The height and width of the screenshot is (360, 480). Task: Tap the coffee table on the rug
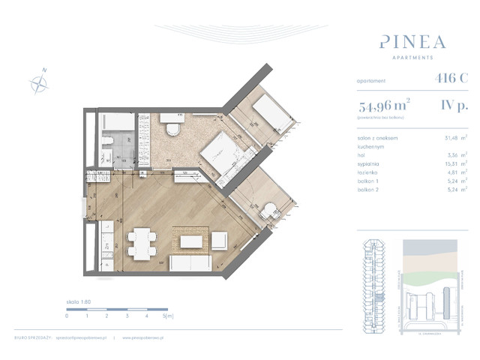point(190,241)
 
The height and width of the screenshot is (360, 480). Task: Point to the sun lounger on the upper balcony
point(269,113)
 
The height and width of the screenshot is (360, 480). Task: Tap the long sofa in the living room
point(193,264)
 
